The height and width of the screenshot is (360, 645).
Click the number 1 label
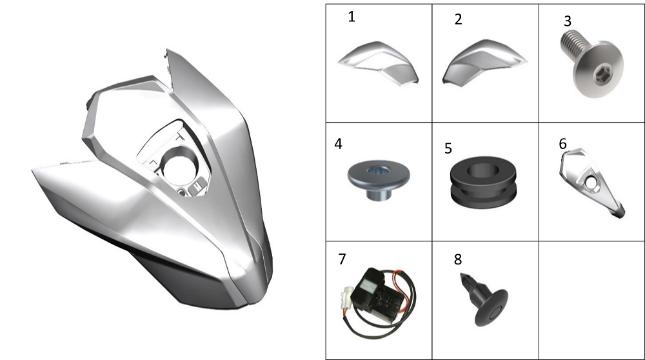point(352,17)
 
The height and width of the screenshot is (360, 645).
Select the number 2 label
point(458,19)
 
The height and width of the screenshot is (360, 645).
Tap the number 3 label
point(568,21)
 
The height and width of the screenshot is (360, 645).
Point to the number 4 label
point(338,144)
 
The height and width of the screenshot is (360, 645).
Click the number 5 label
point(448,148)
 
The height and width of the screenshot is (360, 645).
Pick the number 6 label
point(562,144)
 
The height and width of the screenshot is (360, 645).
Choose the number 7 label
point(342,259)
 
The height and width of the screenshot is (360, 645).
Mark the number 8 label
point(458,259)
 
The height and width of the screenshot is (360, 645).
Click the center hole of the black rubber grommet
point(483,170)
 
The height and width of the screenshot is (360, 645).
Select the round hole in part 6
point(591,181)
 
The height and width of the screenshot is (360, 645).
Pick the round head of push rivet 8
point(491,308)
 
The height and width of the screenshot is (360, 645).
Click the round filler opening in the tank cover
point(180,166)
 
